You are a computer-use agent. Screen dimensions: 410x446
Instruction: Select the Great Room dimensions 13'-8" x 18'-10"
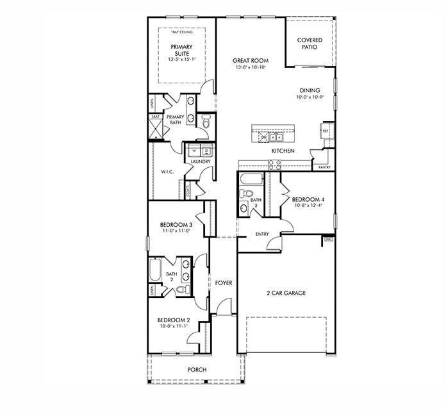[251, 67]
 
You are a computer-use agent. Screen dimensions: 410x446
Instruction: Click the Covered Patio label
[310, 44]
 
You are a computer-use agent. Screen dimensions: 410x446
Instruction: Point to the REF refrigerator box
[326, 131]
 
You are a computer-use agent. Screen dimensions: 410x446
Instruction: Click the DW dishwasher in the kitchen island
[264, 137]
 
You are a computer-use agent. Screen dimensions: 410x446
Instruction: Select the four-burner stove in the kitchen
[274, 165]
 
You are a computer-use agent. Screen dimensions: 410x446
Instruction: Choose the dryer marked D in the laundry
[206, 151]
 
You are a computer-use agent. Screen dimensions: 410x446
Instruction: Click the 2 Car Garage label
[286, 293]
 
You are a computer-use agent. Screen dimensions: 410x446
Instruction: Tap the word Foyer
[223, 283]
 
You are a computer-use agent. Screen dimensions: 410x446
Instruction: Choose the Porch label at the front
[196, 370]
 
